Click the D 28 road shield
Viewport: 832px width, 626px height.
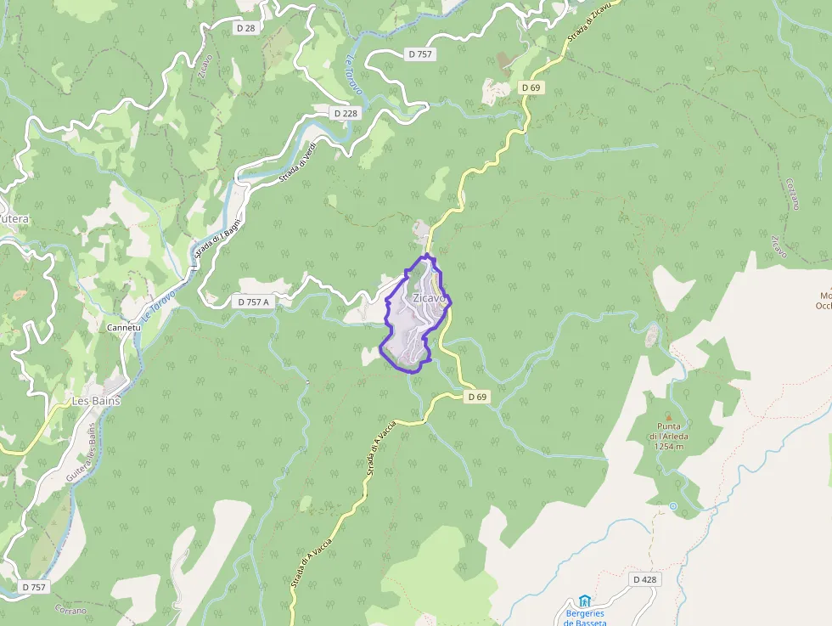(246, 28)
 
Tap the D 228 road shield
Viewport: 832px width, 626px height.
(346, 113)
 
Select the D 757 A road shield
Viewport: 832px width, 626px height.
(254, 302)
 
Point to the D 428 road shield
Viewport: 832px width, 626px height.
(645, 579)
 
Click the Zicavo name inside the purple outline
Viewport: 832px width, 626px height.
(429, 299)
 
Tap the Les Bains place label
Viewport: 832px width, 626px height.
(96, 400)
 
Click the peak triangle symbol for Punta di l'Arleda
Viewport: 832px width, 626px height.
(668, 417)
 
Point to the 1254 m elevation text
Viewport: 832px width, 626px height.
(669, 446)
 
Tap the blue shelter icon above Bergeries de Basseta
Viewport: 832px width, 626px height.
(585, 601)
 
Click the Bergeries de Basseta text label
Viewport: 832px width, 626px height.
(586, 618)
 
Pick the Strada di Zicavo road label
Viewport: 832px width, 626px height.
(589, 26)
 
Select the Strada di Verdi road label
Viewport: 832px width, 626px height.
(301, 160)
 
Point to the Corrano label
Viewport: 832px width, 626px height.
(70, 610)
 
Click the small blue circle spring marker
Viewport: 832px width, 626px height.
(673, 506)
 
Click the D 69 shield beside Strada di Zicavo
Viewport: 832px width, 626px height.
(531, 87)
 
